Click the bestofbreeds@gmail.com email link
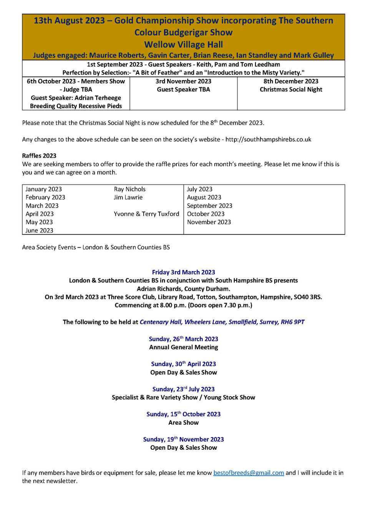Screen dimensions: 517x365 point(249,473)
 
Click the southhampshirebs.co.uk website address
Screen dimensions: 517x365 point(268,139)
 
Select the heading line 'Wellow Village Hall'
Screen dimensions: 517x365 point(183,45)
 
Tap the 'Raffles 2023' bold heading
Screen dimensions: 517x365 point(39,156)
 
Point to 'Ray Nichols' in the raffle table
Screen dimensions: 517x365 point(129,189)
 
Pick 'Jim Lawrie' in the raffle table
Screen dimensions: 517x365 point(128,197)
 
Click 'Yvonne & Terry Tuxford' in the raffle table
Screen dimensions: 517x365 point(146,214)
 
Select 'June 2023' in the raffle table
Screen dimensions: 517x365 point(39,230)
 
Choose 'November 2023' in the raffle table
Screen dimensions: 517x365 point(209,222)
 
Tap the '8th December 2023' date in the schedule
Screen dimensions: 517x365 point(291,81)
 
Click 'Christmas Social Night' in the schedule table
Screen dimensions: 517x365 point(291,90)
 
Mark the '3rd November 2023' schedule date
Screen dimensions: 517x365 point(183,81)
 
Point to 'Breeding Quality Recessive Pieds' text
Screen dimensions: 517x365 point(76,106)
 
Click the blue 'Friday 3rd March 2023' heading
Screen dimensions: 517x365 point(183,272)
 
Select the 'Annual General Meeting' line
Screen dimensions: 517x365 point(183,347)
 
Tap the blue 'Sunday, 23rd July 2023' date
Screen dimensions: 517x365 point(183,389)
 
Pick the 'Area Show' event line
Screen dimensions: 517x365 point(183,423)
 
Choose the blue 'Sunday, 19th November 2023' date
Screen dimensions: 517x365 point(183,439)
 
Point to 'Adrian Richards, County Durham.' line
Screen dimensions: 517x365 point(183,289)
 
